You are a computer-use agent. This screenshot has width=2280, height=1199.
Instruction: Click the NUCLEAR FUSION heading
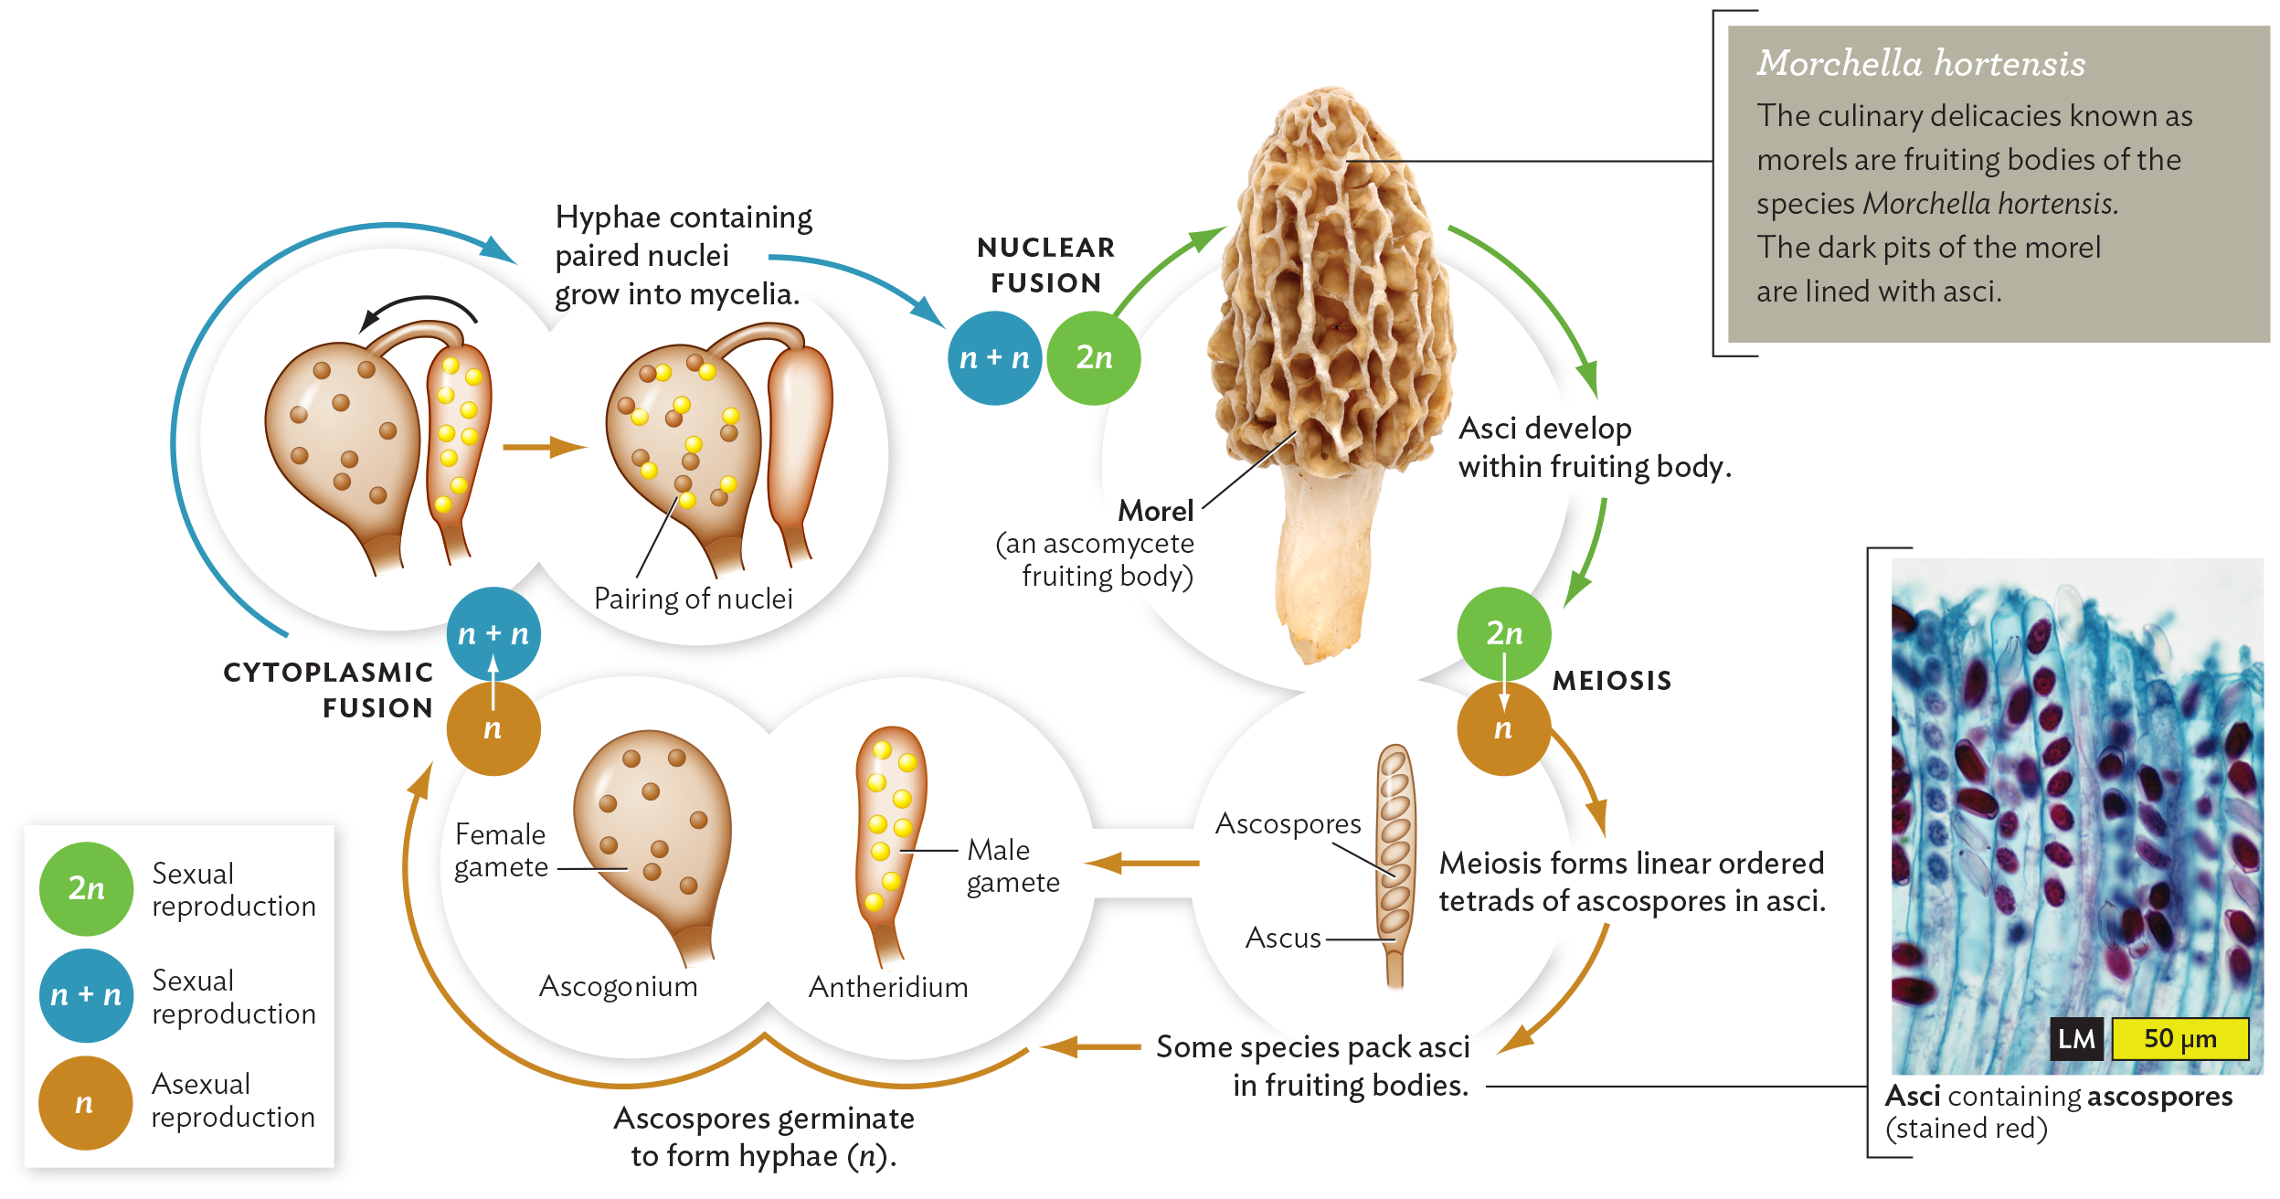pos(1045,265)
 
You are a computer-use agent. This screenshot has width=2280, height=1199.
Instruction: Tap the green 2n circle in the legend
pos(86,888)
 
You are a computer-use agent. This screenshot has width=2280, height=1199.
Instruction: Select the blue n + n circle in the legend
pos(86,995)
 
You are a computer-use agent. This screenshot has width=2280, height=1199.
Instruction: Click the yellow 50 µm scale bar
pos(2179,1038)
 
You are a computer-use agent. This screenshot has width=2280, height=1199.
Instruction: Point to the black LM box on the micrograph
pos(2076,1039)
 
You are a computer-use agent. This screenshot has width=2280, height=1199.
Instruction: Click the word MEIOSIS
pos(1612,681)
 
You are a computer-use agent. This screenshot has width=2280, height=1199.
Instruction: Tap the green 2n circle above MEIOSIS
pos(1503,632)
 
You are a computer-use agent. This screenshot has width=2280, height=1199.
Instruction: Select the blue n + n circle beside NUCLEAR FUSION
pos(994,357)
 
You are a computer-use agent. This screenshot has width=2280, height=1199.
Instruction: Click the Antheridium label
pos(888,987)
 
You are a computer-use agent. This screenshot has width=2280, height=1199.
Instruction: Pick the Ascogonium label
pos(619,986)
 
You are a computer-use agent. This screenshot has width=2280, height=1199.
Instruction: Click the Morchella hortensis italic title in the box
pos(1921,63)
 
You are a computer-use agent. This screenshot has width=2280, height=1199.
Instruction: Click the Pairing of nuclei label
pos(693,599)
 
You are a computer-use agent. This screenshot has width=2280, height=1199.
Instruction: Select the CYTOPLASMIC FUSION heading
pos(329,690)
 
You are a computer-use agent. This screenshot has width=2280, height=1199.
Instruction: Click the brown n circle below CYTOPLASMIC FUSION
pos(493,728)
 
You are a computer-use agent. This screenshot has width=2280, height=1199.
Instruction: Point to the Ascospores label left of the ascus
pos(1288,823)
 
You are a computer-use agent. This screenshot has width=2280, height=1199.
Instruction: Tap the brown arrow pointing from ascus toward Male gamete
pos(1142,862)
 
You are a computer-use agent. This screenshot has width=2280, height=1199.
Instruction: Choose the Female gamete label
pos(501,850)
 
